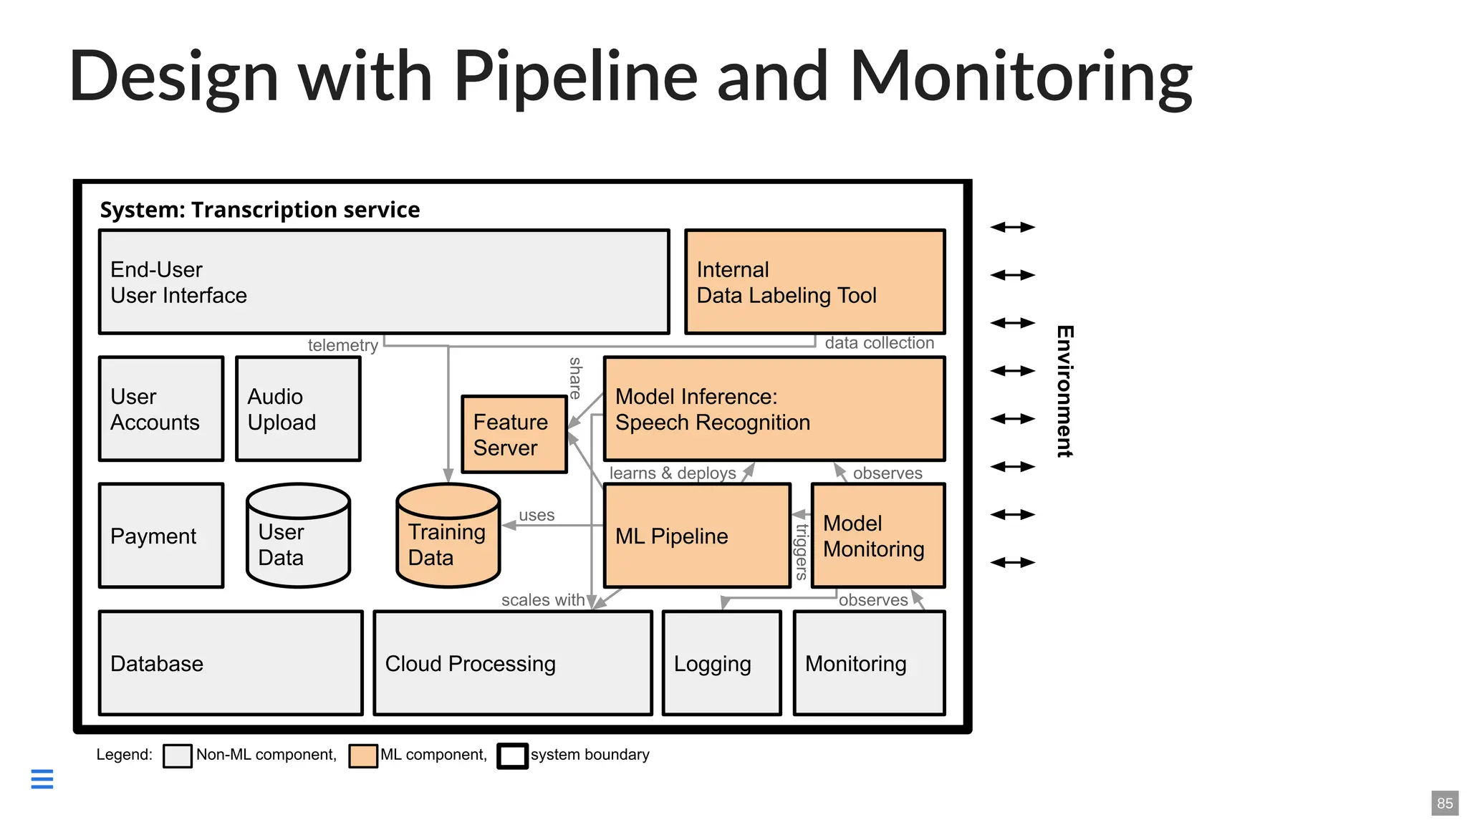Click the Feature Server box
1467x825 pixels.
pos(514,435)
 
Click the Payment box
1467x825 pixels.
pos(161,536)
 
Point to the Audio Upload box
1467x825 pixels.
pos(298,409)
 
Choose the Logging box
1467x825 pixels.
pos(721,663)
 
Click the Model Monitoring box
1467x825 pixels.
pos(877,536)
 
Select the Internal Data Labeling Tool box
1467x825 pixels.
pos(814,282)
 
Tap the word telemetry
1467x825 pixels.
pos(342,345)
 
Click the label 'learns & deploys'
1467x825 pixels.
pos(672,473)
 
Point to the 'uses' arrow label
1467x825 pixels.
pos(537,515)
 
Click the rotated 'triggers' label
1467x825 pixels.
pos(802,551)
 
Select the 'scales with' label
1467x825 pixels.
pos(542,600)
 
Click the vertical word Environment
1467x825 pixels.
pos(1064,391)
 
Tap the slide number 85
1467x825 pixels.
pos(1444,804)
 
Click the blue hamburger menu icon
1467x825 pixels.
pos(42,778)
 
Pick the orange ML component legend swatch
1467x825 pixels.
pos(363,756)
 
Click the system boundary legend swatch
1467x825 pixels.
pos(512,756)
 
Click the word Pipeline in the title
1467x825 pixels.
pos(575,77)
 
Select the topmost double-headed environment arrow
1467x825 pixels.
pos(1012,227)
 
